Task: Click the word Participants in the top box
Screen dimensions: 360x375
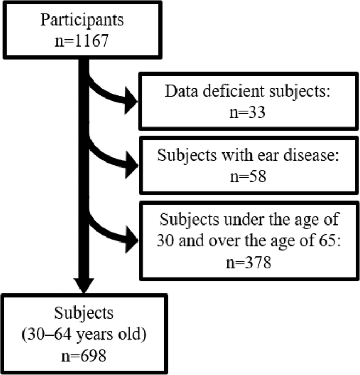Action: click(82, 20)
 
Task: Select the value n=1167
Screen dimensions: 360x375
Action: click(82, 40)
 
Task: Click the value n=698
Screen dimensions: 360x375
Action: click(83, 356)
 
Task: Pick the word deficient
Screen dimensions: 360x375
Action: click(235, 91)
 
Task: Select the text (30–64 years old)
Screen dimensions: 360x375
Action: click(83, 336)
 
